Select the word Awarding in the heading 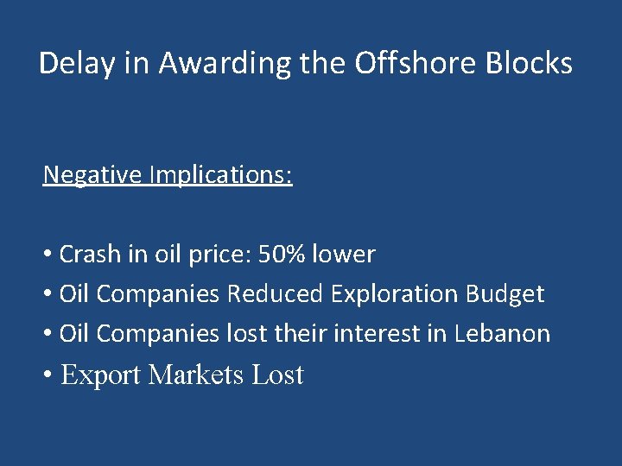201,64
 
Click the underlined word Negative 92,175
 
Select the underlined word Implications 220,175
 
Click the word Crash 90,255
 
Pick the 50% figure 281,255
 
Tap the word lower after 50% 343,255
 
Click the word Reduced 275,294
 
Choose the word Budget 505,294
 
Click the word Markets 196,375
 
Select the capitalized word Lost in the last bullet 277,375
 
